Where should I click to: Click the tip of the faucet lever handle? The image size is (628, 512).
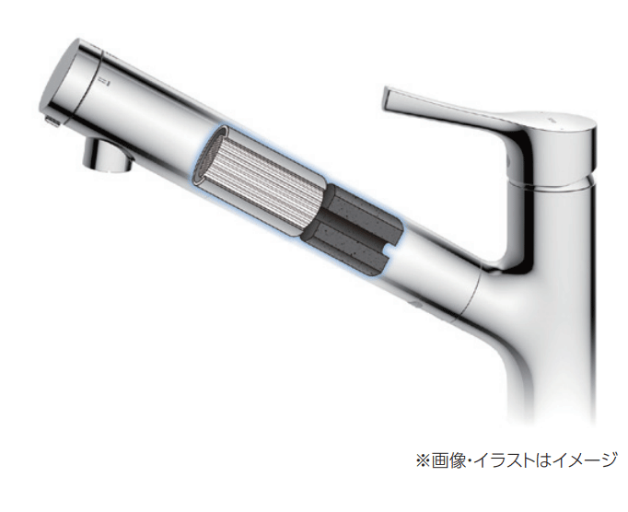coord(387,95)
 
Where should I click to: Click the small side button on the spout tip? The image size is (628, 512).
coord(49,121)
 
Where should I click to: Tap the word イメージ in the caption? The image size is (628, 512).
coord(579,458)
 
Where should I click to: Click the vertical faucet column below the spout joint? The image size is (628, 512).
coord(549,368)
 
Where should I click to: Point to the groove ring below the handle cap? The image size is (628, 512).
coord(562,184)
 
